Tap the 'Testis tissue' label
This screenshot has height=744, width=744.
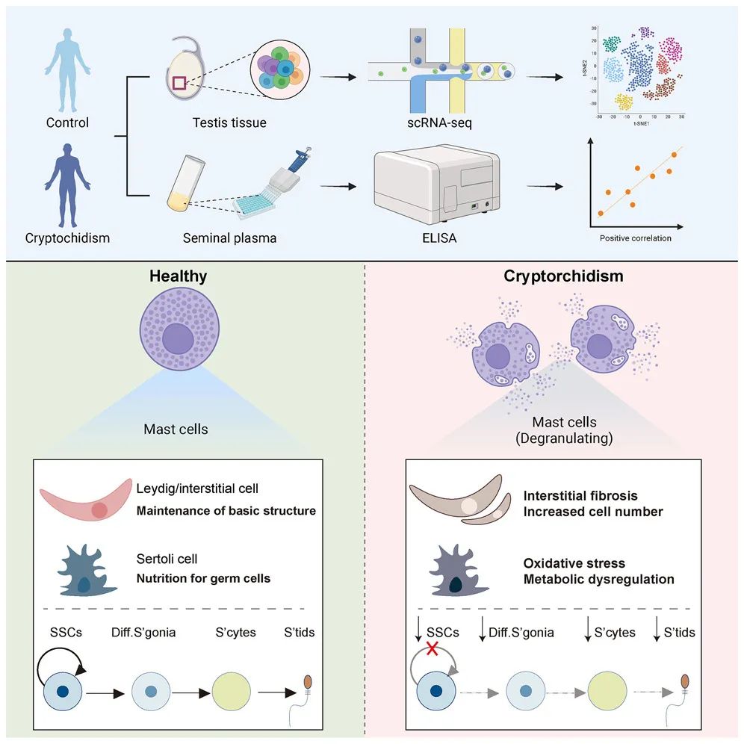coord(224,123)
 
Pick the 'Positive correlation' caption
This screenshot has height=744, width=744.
coord(635,238)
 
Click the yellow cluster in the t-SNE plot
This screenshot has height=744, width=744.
coord(623,102)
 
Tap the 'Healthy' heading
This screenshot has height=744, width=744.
coord(178,276)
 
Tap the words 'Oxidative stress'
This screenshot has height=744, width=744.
coord(564,563)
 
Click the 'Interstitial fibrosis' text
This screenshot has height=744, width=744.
coord(580,496)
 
